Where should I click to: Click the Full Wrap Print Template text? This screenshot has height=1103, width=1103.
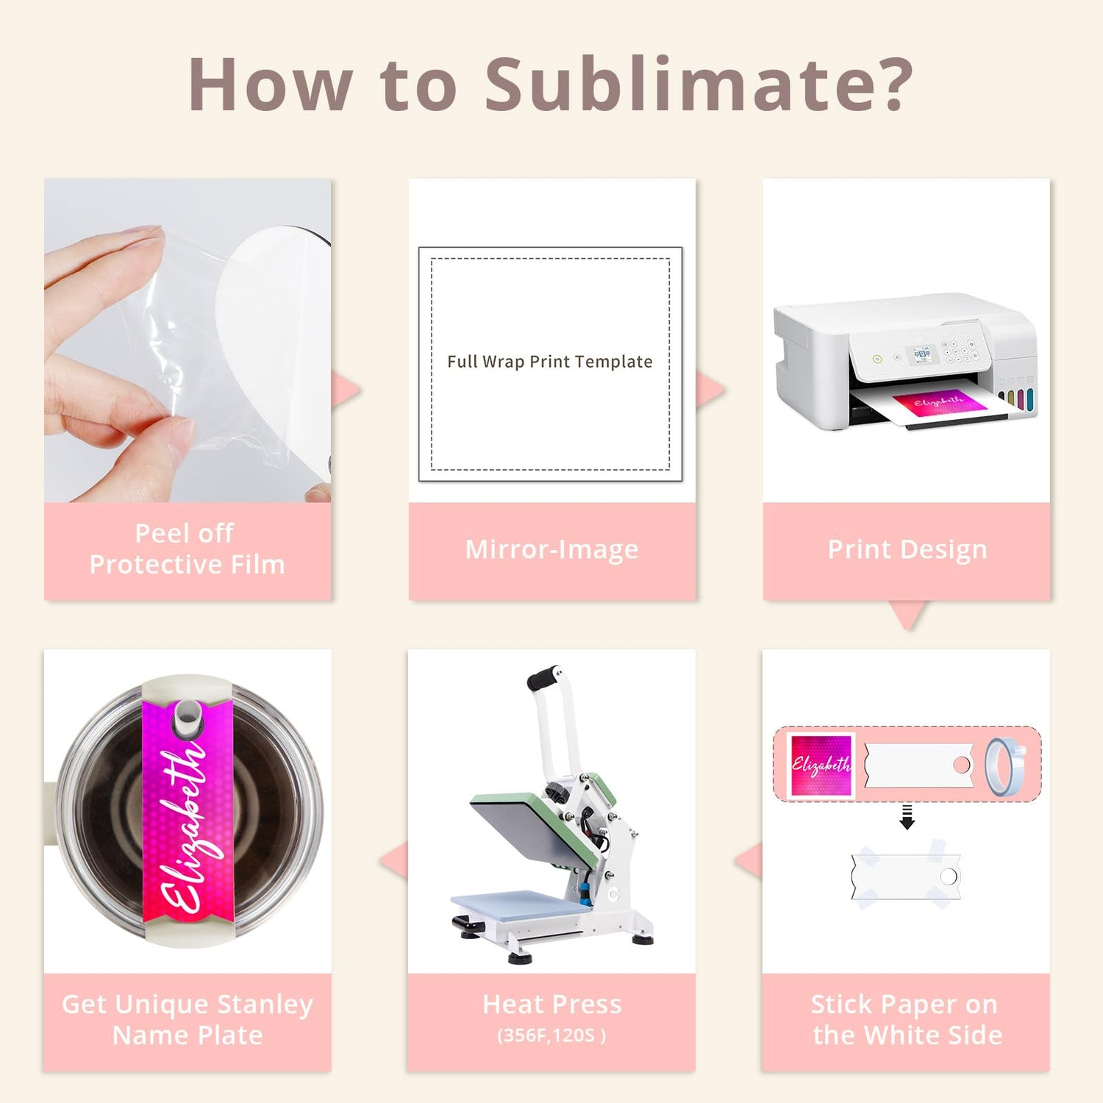point(550,361)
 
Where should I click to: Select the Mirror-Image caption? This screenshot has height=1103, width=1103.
point(551,549)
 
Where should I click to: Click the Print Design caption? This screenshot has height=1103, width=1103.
point(907,549)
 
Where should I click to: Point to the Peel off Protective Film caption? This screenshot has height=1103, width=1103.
point(187,549)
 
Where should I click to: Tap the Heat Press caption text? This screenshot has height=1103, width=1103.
point(551,1004)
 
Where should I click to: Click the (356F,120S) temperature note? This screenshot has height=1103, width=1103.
point(551,1035)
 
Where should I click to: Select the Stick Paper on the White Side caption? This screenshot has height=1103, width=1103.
point(907,1019)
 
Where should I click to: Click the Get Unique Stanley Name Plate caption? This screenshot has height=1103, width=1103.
point(188,1019)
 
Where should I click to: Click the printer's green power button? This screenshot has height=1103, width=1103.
point(877,360)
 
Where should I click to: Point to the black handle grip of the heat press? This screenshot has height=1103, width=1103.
point(544,677)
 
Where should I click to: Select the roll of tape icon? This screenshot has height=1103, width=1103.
point(1004,768)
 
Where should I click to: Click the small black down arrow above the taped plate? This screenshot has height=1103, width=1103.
point(907,817)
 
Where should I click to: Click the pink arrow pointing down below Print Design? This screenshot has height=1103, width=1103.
point(909,615)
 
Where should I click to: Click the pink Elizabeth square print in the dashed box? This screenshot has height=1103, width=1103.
point(820,765)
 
